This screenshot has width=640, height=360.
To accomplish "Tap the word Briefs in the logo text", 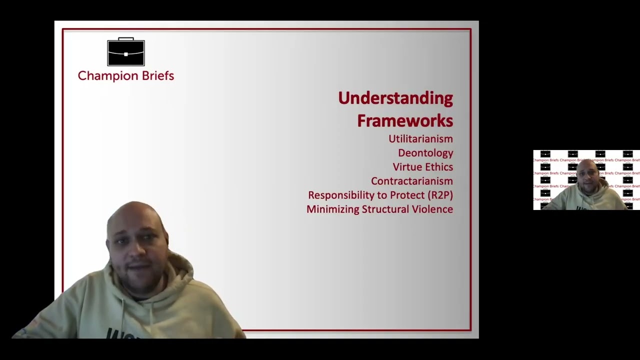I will tap(157, 76).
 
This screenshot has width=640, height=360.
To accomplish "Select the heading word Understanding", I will tap(395, 98).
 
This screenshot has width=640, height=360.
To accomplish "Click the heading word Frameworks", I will tap(404, 120).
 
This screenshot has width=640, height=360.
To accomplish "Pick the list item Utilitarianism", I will tap(420, 139).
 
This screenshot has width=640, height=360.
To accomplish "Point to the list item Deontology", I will tap(425, 153).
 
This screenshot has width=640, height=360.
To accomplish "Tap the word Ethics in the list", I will tap(438, 167).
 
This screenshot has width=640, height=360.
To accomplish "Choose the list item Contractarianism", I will tap(411, 181).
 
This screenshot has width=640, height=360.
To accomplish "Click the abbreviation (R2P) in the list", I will tap(440, 195).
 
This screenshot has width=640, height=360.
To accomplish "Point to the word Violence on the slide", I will tap(432, 209).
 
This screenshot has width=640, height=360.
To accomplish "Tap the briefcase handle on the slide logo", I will tap(126, 39).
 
